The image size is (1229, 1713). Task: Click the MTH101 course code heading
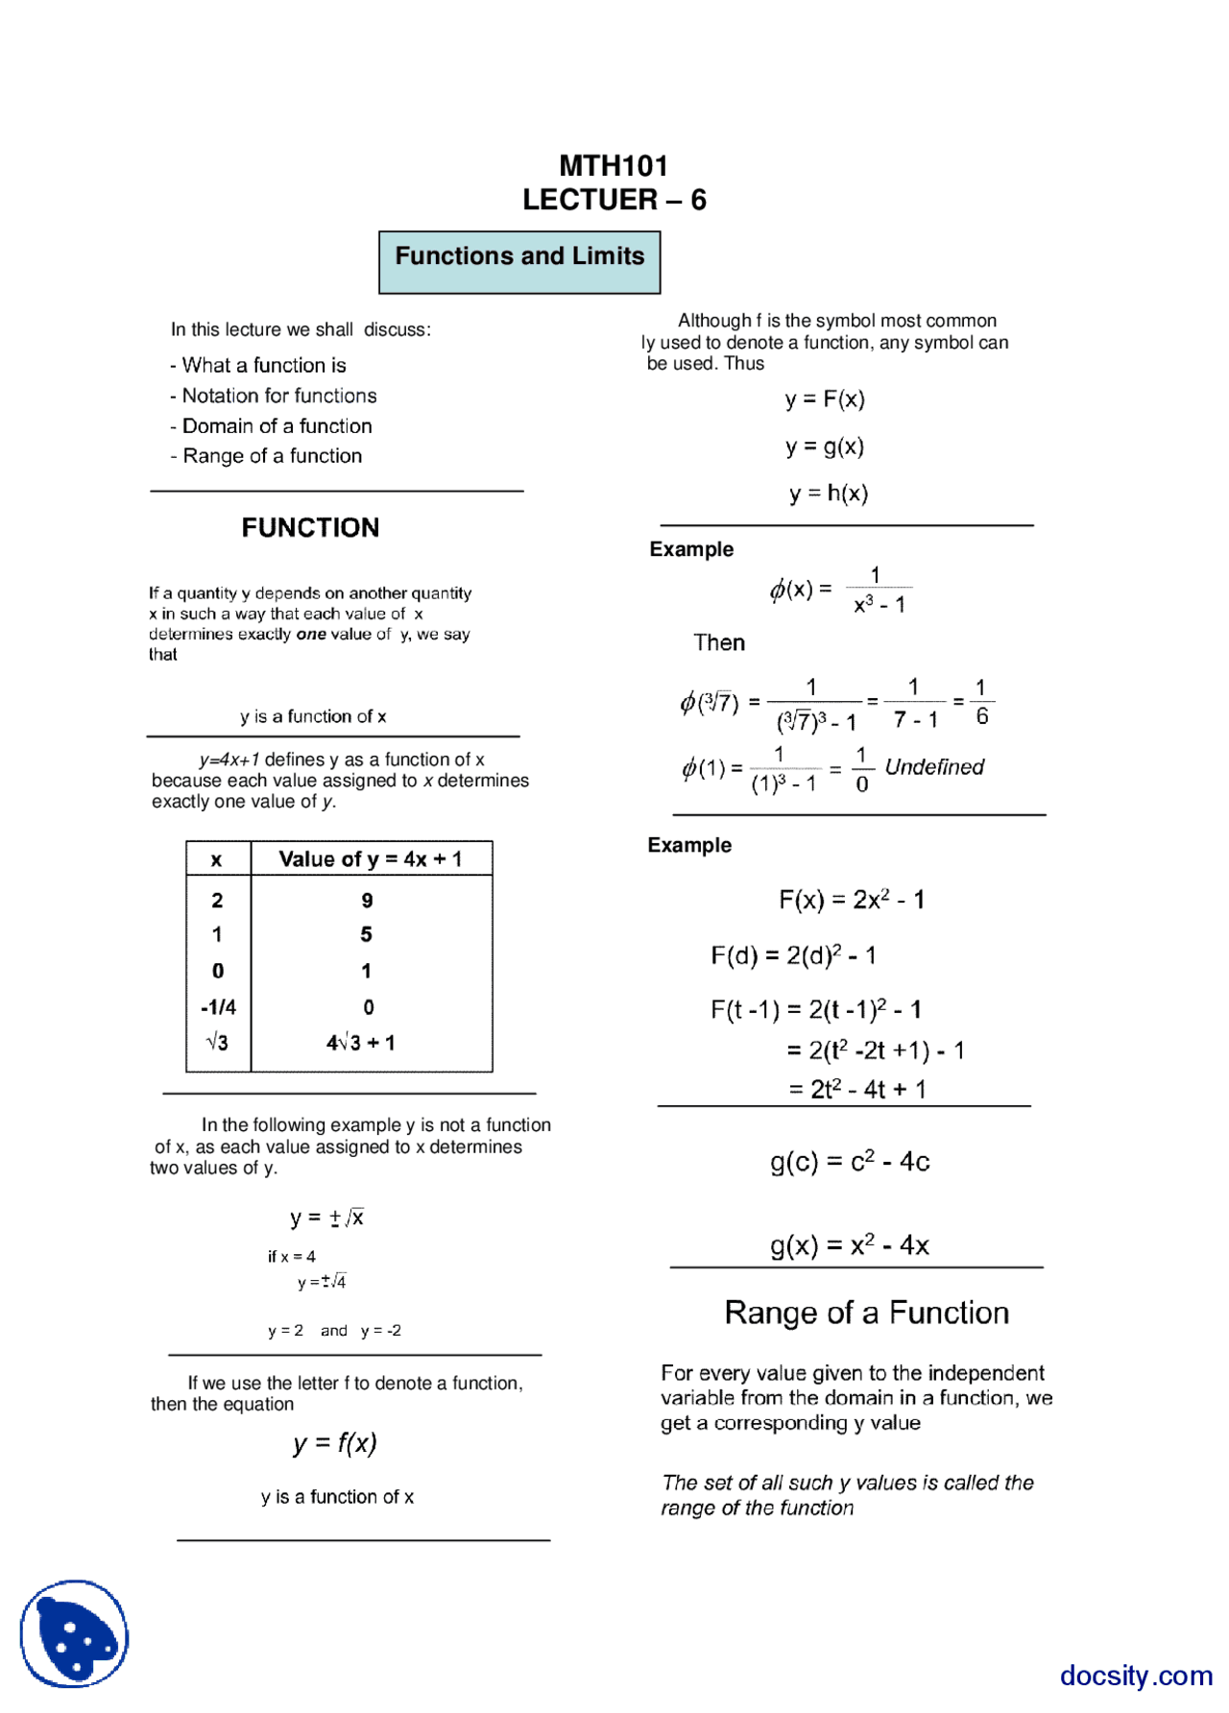point(613,166)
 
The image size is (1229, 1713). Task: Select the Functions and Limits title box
point(519,261)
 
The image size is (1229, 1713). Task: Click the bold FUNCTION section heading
point(310,527)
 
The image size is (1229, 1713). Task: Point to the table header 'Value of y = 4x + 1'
point(370,858)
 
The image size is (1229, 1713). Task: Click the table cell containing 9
point(367,900)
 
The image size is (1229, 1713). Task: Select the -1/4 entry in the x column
point(218,1006)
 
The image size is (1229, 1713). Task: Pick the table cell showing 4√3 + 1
point(361,1042)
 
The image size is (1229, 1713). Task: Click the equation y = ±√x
point(326,1218)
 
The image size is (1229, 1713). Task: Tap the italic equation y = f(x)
point(335,1442)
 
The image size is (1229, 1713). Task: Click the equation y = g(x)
point(825,446)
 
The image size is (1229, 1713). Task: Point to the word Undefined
point(933,766)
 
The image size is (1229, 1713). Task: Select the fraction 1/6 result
point(980,702)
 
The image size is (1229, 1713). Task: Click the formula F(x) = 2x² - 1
point(851,900)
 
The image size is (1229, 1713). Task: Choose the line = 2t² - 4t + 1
point(856,1089)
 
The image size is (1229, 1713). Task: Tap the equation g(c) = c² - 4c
point(850,1162)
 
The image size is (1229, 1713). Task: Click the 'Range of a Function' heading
point(866,1313)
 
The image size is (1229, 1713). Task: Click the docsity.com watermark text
point(1136,1675)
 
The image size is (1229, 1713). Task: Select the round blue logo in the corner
point(74,1632)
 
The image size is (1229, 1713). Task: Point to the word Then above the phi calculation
point(719,642)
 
